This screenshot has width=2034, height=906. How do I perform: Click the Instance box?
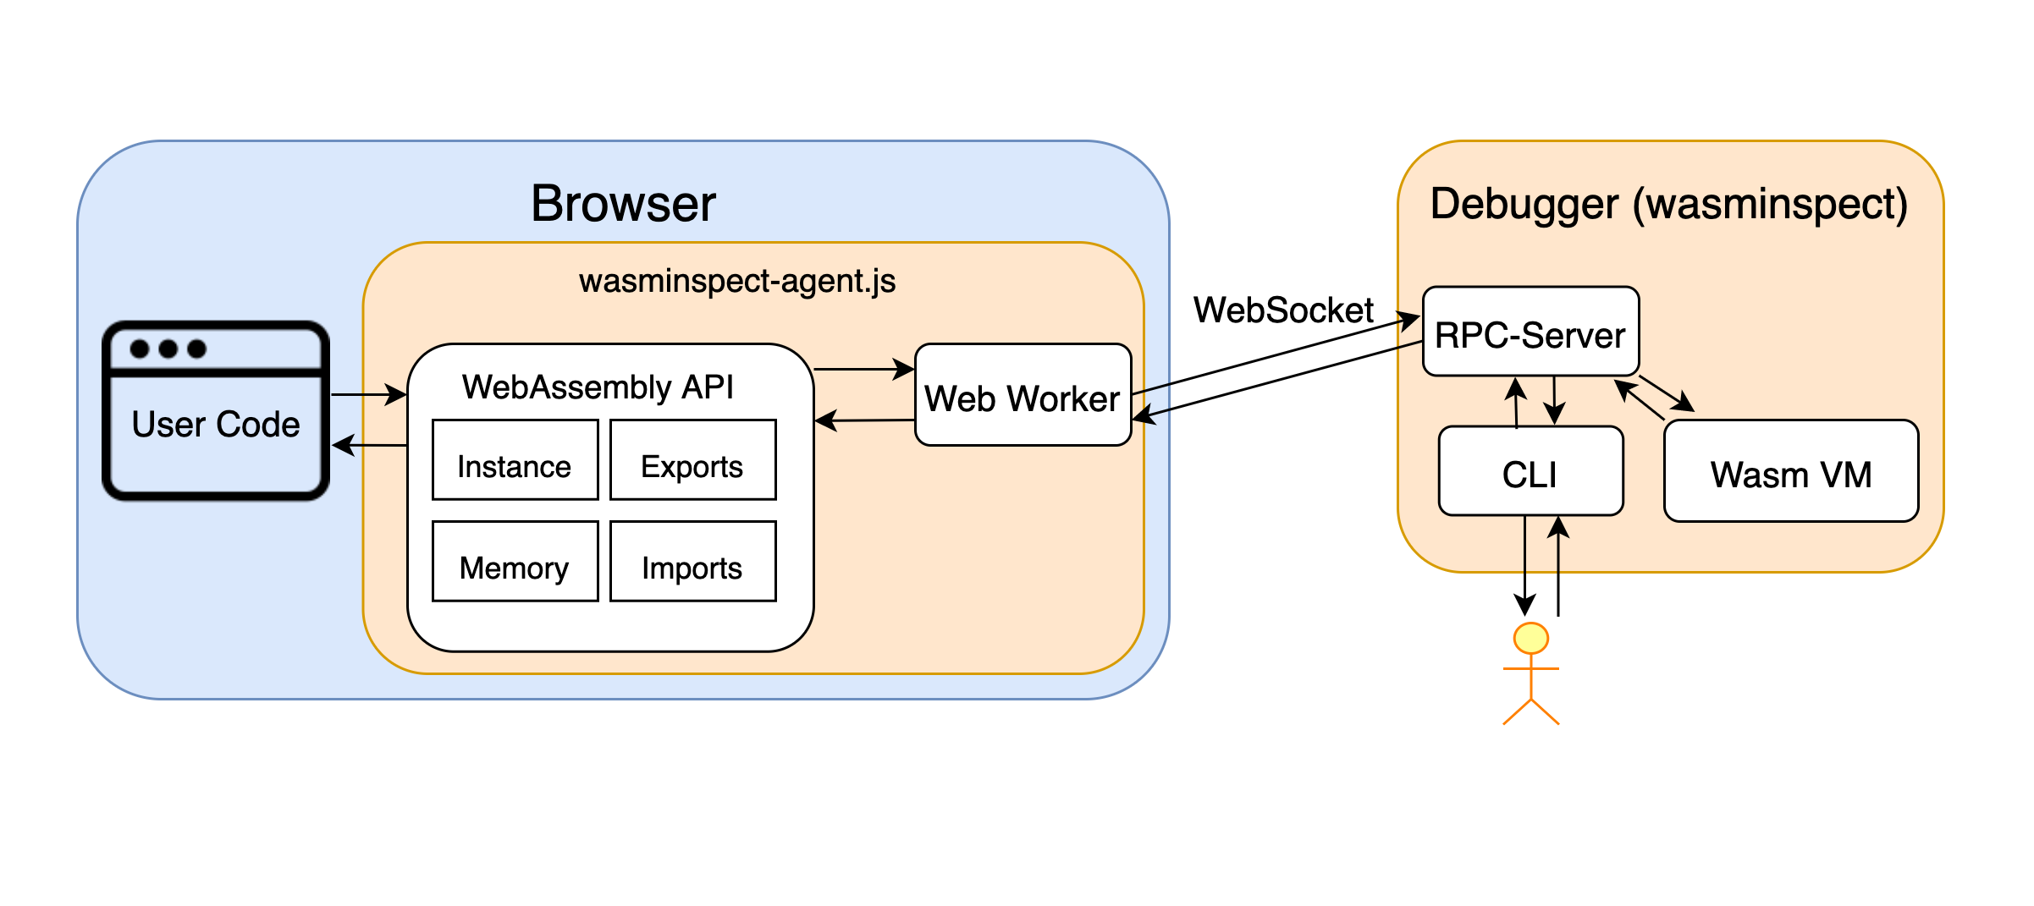click(515, 459)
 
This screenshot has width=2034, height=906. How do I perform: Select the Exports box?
click(692, 459)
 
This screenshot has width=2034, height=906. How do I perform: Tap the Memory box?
click(515, 561)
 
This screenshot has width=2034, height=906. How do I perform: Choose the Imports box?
click(692, 561)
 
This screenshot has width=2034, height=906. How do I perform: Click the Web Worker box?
click(1023, 394)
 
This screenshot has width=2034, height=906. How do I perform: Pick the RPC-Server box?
click(1531, 331)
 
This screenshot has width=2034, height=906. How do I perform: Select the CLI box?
click(1531, 470)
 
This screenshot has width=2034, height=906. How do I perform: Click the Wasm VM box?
click(1791, 470)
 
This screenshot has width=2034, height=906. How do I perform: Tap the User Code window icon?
click(216, 410)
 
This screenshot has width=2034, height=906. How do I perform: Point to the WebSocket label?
click(1283, 310)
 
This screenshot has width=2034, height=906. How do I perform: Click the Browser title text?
click(623, 203)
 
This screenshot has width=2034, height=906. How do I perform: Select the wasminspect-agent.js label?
click(737, 281)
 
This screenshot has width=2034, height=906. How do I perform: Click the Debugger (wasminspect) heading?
click(1669, 204)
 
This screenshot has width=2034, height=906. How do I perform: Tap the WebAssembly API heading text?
click(598, 387)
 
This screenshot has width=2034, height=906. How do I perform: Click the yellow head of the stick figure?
click(1531, 638)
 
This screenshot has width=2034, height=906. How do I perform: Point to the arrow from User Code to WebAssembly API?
click(369, 394)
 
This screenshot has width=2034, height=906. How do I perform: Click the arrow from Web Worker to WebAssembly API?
click(864, 420)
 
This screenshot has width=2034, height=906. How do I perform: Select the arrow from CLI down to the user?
click(1524, 565)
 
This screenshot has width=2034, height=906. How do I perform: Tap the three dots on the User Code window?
click(168, 349)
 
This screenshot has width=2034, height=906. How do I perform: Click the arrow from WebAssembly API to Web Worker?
click(864, 369)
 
